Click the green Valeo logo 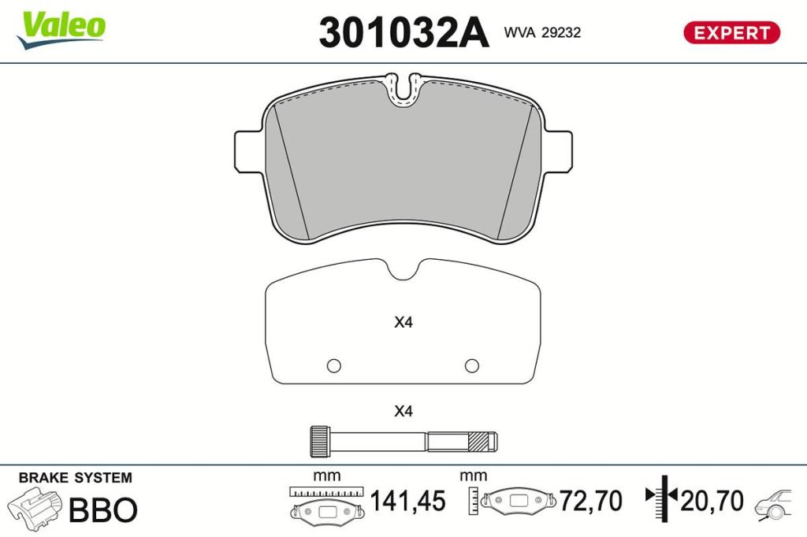point(61,30)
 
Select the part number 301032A point(403,32)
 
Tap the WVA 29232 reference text point(542,32)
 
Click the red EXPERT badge point(731,33)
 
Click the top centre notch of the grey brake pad point(403,91)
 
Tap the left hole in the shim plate point(333,365)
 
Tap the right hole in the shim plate point(472,365)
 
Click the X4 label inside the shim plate point(403,323)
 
